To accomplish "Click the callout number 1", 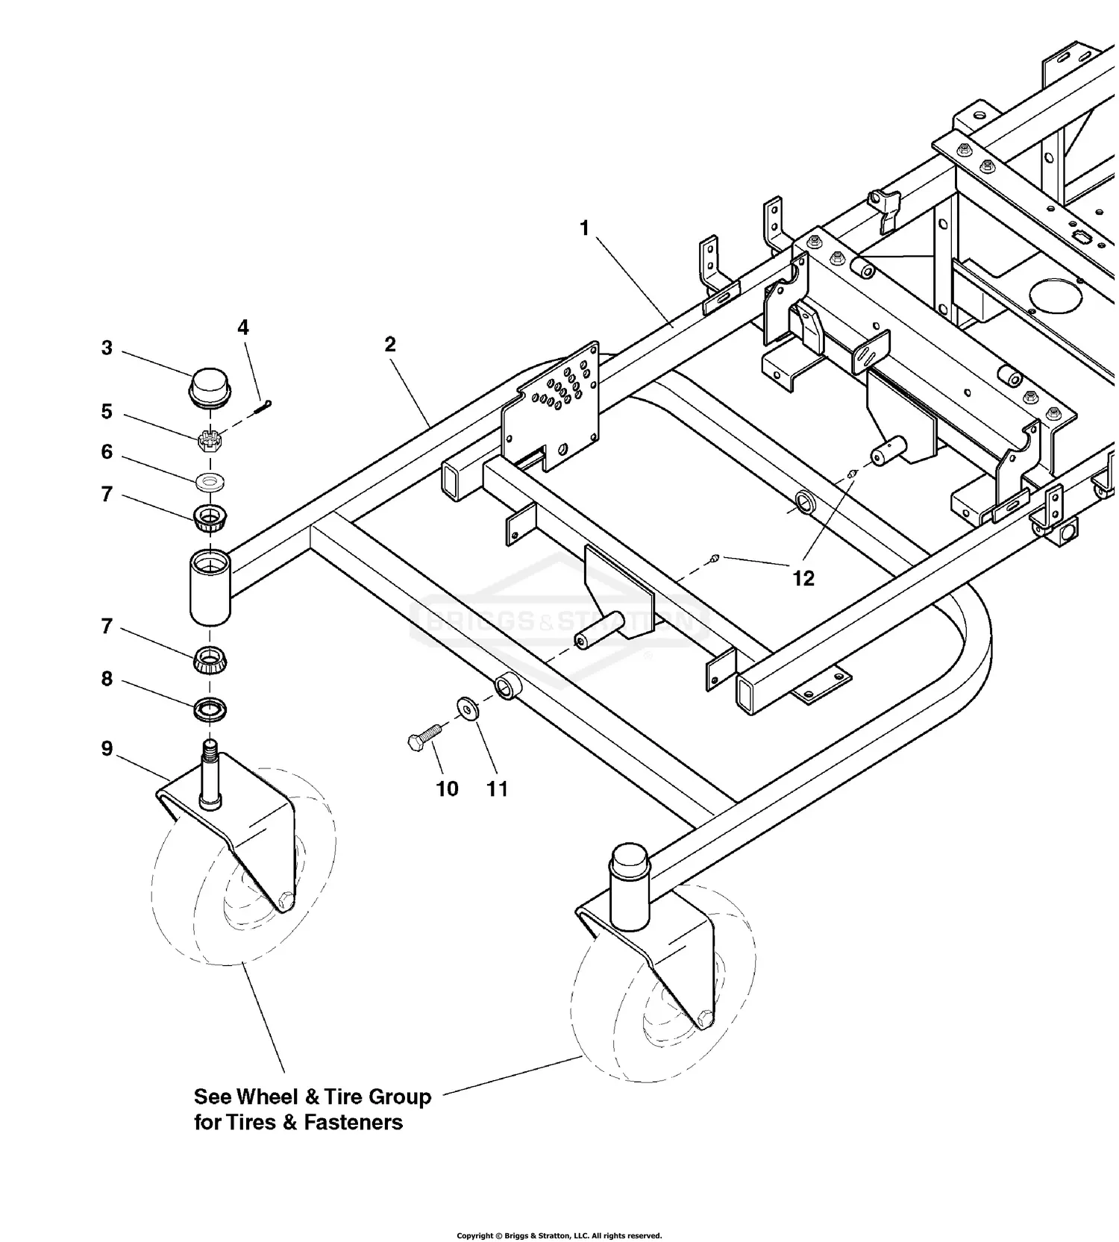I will pyautogui.click(x=585, y=228).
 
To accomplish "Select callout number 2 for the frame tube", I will pyautogui.click(x=390, y=344).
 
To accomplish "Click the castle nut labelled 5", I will pyautogui.click(x=208, y=440).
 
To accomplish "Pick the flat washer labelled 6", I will pyautogui.click(x=211, y=482).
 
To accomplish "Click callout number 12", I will pyautogui.click(x=803, y=578).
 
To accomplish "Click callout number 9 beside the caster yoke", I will pyautogui.click(x=107, y=747).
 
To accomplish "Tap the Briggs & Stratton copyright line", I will pyautogui.click(x=559, y=1235).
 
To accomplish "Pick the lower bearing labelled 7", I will pyautogui.click(x=210, y=659).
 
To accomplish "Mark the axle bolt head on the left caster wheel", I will pyautogui.click(x=285, y=900).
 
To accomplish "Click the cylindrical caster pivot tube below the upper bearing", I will pyautogui.click(x=210, y=586).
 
